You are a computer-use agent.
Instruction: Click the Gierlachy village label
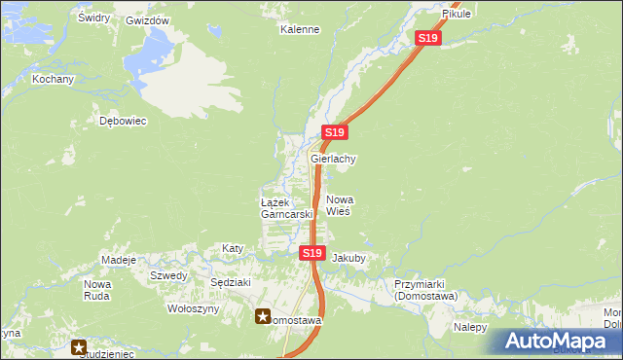point(333,159)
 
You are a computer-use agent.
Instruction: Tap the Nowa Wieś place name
point(338,204)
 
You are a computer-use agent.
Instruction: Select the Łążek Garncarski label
point(286,207)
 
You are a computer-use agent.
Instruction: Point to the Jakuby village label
point(348,259)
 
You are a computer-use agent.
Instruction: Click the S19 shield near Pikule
point(428,38)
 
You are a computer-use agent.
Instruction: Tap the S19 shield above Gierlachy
point(334,132)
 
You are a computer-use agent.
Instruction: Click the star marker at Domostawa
point(264,316)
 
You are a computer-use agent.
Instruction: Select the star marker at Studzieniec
point(79,345)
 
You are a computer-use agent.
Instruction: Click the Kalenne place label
point(300,29)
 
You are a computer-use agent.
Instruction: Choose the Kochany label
point(53,79)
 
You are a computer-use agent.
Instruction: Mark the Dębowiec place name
point(123,122)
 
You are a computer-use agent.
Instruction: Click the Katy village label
point(233,248)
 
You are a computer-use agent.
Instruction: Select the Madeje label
point(119,260)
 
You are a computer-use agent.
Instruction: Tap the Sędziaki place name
point(231,282)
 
